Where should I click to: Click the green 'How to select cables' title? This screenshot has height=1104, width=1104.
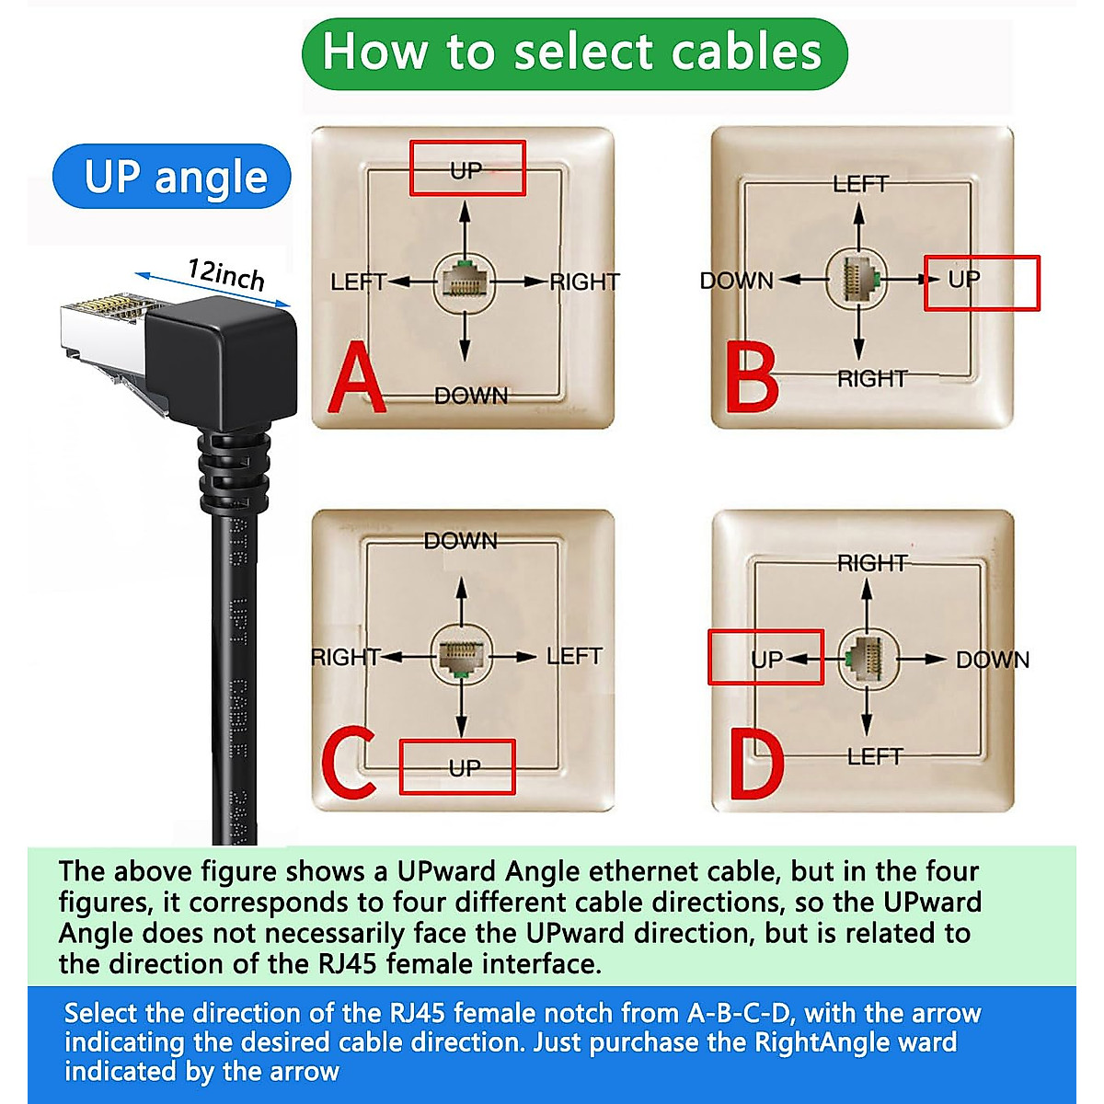click(x=573, y=52)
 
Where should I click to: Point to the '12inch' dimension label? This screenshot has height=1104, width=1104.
click(x=225, y=275)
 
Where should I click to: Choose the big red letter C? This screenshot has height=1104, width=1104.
click(x=348, y=763)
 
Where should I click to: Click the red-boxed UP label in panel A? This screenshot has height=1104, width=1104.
click(x=466, y=169)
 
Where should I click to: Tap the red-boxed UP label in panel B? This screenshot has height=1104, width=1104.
click(x=964, y=280)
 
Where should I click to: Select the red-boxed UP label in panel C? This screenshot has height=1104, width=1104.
click(x=465, y=767)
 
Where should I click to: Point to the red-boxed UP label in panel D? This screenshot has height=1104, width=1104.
click(x=766, y=659)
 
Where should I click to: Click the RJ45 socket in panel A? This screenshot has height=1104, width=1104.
click(x=465, y=282)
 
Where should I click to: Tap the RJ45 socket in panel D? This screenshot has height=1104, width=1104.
click(x=866, y=659)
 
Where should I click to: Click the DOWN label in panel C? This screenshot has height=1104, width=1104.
click(x=460, y=541)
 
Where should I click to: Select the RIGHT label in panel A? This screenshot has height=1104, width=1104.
click(x=585, y=282)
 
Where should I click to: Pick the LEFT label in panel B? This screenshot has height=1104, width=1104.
click(x=860, y=184)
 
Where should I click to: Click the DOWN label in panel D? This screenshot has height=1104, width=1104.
click(x=992, y=660)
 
